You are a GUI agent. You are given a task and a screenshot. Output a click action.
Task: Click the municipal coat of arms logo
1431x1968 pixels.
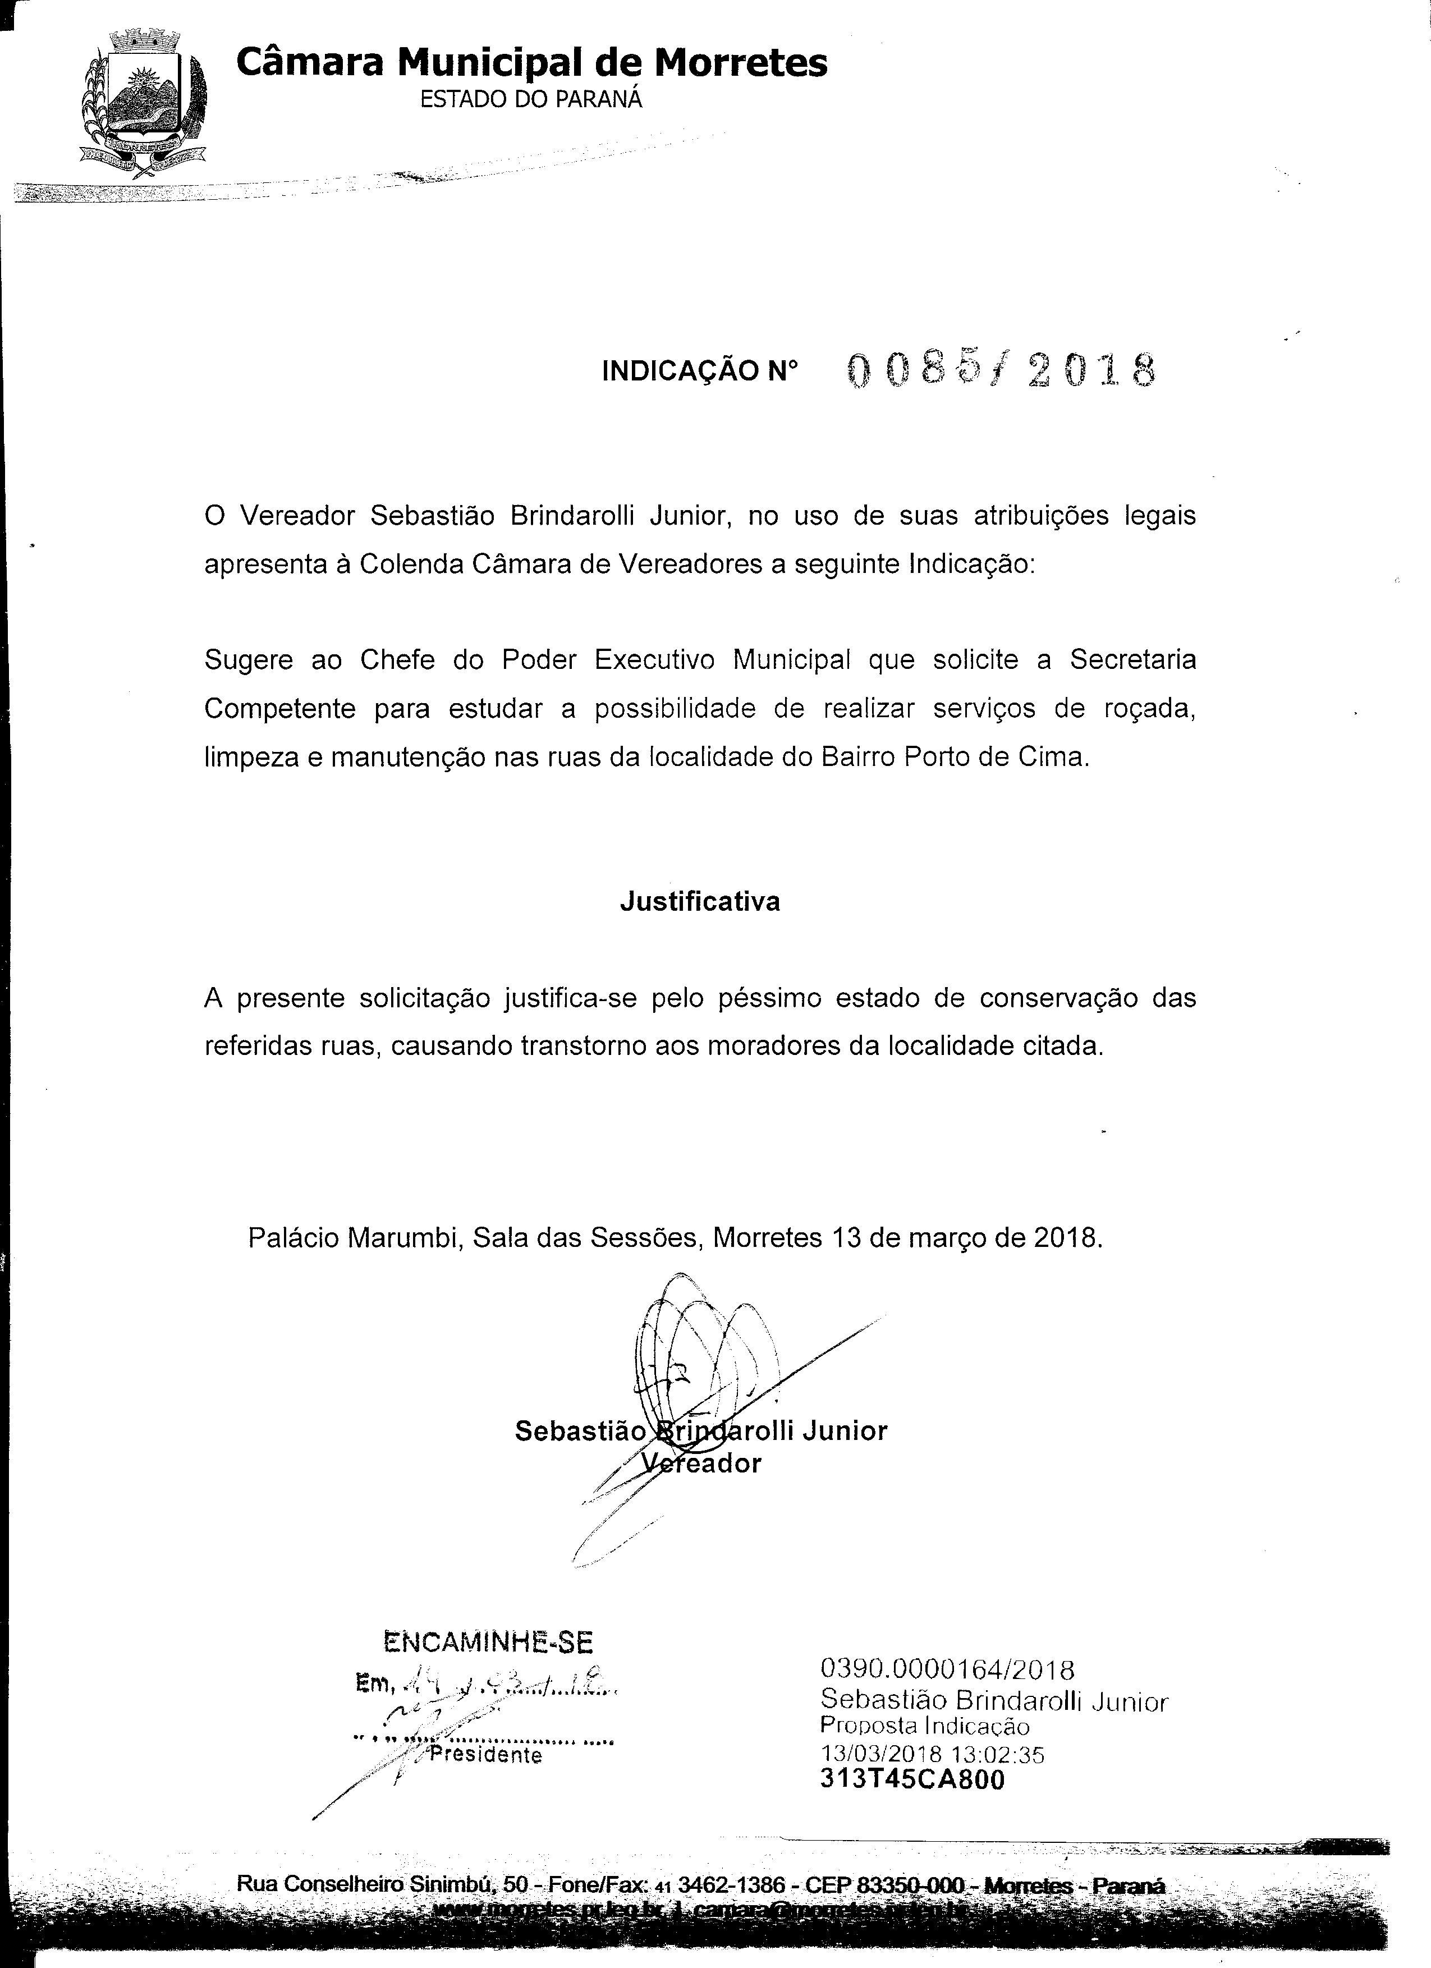(145, 102)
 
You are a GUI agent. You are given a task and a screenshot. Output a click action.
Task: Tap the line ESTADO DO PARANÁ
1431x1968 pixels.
(531, 100)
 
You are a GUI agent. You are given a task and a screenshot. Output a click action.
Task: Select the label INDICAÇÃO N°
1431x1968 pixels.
(699, 372)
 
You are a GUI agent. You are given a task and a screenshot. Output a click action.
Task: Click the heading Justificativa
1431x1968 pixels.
(699, 902)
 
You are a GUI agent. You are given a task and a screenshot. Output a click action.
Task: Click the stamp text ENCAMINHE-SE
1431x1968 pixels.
(488, 1644)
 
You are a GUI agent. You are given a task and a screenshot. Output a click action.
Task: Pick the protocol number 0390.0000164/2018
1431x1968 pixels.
(948, 1669)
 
